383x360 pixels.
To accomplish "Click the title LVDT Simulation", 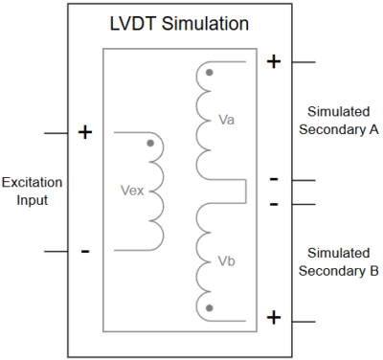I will point(179,21).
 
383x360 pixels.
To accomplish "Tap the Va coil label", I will point(227,121).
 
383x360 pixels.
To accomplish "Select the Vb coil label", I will point(227,260).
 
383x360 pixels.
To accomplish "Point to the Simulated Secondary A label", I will point(339,121).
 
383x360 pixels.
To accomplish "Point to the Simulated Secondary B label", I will point(339,260).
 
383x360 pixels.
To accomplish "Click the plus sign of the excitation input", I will point(84,132).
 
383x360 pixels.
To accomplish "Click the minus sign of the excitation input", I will point(84,251).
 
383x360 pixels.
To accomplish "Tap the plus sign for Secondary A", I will point(273,62).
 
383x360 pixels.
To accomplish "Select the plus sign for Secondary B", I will point(273,317).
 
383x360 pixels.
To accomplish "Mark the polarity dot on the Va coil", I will point(209,73).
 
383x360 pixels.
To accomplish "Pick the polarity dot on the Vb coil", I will point(209,307).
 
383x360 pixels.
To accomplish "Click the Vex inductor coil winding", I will point(156,191).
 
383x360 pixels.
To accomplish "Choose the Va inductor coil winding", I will point(203,121).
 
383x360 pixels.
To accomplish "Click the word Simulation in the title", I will point(209,21).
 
